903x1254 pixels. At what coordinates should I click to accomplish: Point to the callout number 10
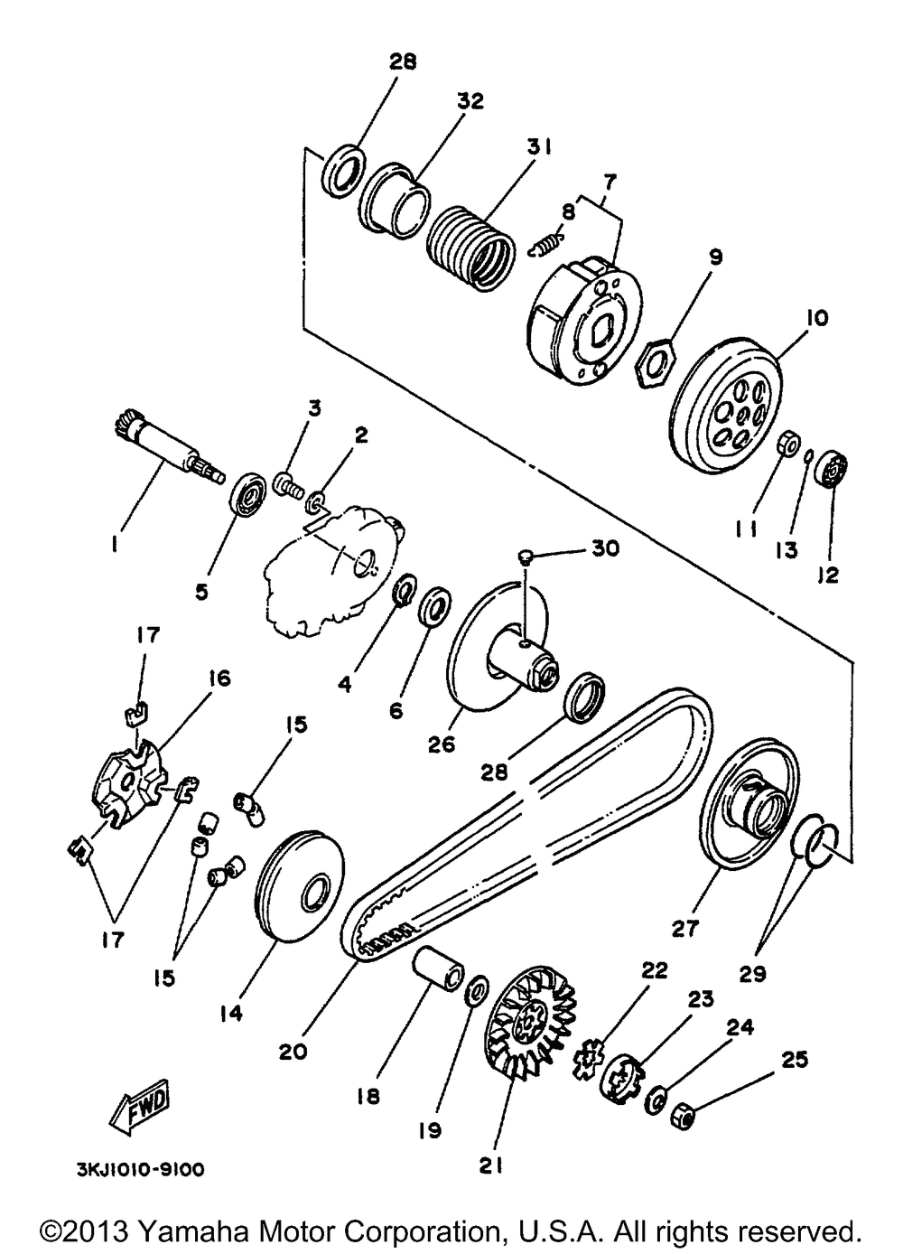tap(816, 318)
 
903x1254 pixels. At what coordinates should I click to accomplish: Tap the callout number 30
tap(606, 549)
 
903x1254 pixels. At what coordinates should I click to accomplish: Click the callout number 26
tap(442, 745)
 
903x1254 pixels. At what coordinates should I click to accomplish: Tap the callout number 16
tap(219, 678)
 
